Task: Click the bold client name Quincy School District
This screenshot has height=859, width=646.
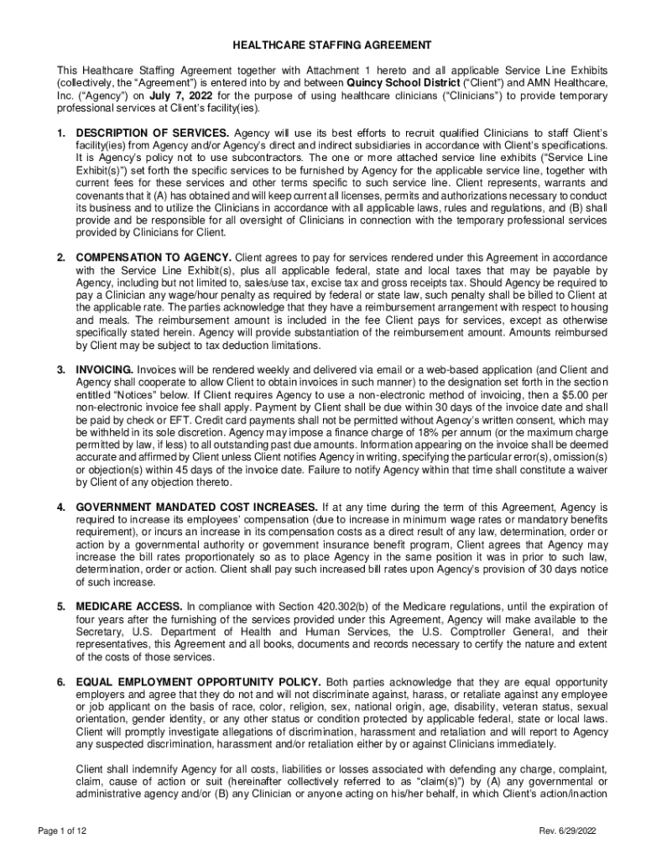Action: coord(399,84)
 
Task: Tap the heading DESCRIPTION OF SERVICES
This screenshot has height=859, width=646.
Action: coord(152,133)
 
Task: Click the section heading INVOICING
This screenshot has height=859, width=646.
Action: coord(104,369)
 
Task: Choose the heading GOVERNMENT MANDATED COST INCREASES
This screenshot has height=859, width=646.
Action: coord(196,508)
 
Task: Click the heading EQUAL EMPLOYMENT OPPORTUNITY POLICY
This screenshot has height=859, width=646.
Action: coord(198,681)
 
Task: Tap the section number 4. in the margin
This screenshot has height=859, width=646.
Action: coord(61,508)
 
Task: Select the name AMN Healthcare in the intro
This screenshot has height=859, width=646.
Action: coord(565,84)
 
